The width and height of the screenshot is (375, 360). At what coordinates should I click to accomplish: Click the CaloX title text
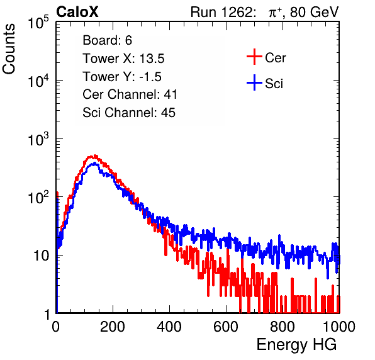77,12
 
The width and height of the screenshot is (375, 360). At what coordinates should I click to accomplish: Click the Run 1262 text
221,12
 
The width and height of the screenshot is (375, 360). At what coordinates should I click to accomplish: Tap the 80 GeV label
314,12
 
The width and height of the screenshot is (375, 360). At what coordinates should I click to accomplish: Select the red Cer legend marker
254,57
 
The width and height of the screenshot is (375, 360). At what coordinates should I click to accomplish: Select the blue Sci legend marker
254,82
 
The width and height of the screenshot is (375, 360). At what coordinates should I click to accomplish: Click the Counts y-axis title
9,49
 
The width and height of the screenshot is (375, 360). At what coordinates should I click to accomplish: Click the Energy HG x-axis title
296,344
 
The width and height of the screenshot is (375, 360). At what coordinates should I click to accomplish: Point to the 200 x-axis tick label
113,327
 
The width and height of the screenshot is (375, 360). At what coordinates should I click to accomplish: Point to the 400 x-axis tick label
169,327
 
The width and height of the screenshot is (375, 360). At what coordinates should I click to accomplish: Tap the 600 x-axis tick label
226,327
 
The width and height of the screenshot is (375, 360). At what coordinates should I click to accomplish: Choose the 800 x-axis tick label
283,327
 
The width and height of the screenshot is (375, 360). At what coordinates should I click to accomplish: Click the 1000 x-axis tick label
339,327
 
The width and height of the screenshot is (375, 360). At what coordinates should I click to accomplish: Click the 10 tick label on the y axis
42,256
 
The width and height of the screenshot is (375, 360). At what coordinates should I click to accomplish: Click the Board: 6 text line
108,40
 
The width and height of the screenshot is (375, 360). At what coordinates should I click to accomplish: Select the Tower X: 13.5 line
123,59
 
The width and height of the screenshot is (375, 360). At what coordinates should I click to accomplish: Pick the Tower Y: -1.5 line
122,77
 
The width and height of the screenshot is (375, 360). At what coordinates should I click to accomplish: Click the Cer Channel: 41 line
130,94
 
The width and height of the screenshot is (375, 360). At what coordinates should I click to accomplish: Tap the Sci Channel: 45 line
129,113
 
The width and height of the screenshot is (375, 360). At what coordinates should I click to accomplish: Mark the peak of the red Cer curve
95,156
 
